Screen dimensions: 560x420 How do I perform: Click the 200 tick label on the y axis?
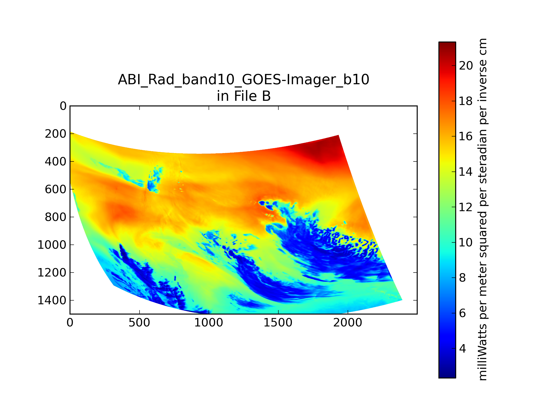[56, 134]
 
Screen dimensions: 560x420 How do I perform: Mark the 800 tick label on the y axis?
[56, 217]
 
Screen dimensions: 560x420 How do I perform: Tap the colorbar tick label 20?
[466, 66]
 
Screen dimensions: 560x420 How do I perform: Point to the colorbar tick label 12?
[466, 207]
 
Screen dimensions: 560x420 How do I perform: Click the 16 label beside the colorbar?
[466, 136]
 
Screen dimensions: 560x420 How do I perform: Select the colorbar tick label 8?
[462, 278]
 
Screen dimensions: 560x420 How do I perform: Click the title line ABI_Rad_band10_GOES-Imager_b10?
[244, 80]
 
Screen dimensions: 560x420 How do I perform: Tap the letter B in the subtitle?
[266, 96]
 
